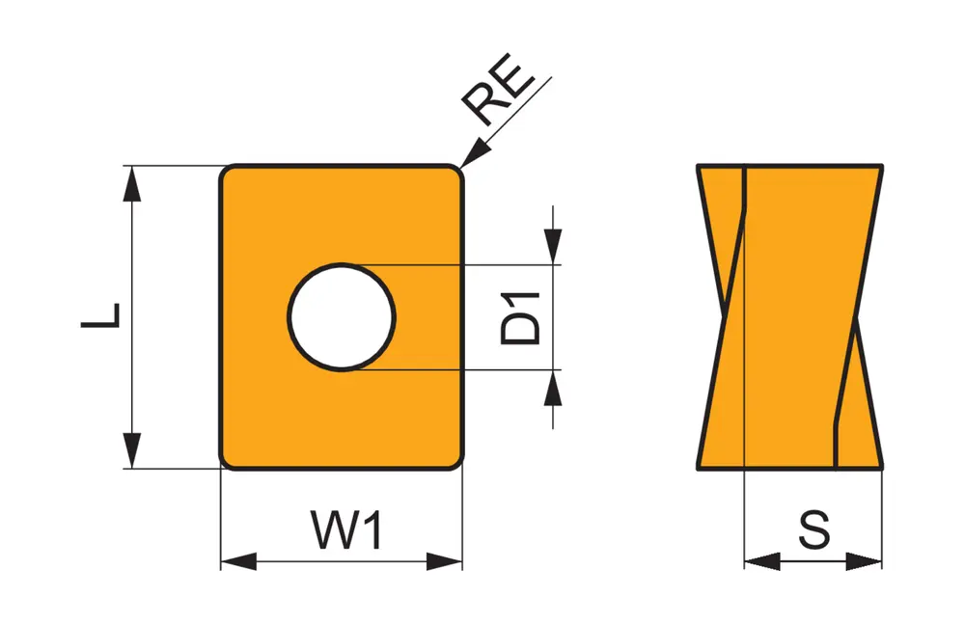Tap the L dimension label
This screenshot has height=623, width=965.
click(100, 315)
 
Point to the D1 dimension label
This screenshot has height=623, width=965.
click(522, 316)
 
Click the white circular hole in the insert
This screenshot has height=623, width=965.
click(342, 316)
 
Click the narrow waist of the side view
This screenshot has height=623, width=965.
click(790, 316)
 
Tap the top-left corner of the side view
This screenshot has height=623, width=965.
click(699, 167)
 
